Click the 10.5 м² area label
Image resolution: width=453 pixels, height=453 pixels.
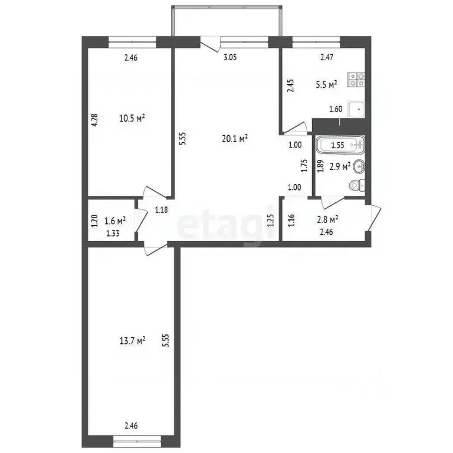coord(132,118)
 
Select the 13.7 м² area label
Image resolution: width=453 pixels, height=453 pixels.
coord(132,340)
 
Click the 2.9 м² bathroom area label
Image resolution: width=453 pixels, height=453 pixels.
coord(340,166)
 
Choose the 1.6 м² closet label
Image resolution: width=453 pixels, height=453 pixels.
coord(114,221)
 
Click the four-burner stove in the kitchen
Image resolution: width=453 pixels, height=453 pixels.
coord(356,80)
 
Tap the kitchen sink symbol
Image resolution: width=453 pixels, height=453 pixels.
coord(356,109)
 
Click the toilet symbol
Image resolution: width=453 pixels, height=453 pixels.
coord(356,185)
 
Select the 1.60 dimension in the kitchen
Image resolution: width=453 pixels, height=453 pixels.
coord(334,109)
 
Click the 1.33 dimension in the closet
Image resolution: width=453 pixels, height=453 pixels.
coord(113,233)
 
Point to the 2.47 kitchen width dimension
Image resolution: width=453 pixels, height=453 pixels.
coord(327,58)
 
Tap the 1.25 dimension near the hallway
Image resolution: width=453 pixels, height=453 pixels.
coord(271,221)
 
